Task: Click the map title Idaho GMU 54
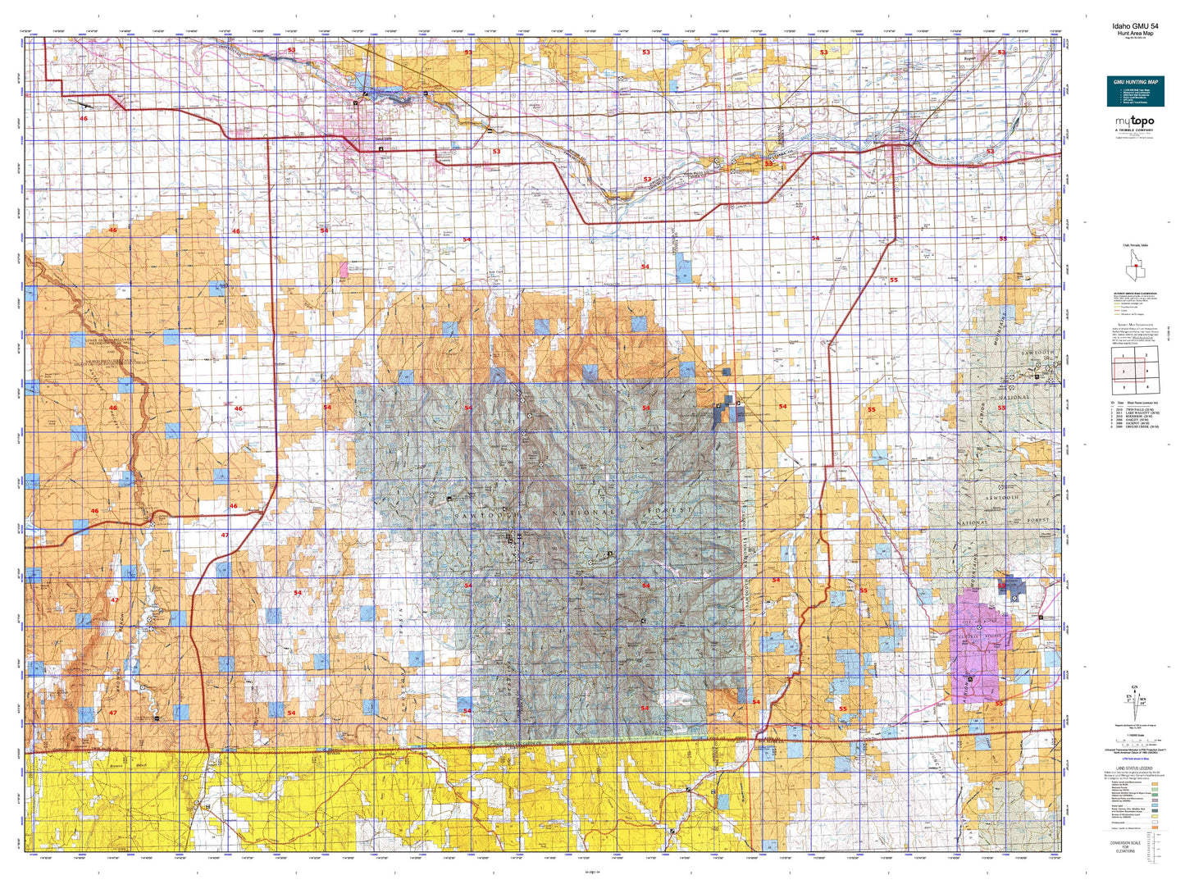[1135, 26]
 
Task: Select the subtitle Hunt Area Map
[1135, 34]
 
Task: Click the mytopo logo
[1134, 122]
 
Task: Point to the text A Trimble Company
[1134, 130]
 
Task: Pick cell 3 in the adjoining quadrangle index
[1123, 372]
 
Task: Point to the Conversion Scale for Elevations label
[1135, 846]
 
